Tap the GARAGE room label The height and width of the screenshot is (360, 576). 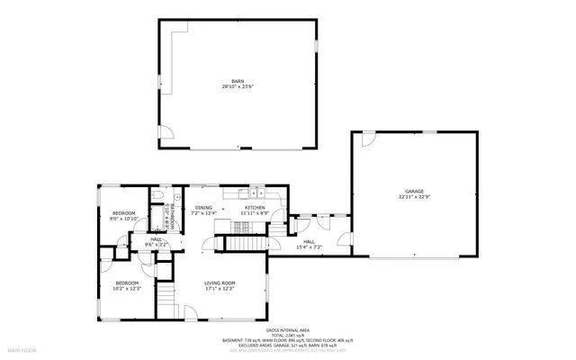point(414,191)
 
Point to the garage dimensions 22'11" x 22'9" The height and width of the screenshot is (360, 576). point(414,197)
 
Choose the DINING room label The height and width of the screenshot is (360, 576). point(203,208)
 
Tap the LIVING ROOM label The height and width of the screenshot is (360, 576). point(220,283)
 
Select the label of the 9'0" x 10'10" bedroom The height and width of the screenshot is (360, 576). point(123,212)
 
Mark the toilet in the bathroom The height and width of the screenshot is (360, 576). point(157,195)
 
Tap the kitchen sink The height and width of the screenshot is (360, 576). point(258,192)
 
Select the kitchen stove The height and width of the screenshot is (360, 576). point(242,192)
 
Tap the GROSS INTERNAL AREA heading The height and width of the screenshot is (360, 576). point(288,331)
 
